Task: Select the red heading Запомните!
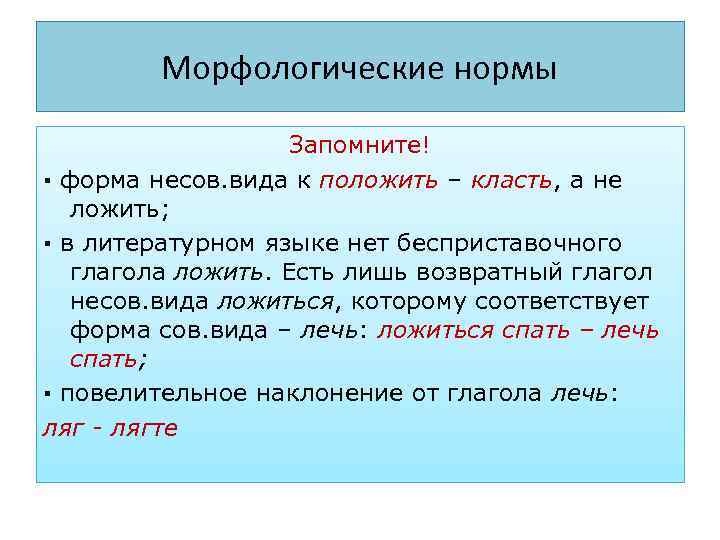coord(359,146)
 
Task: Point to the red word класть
coord(512,181)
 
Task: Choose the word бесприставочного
coord(510,243)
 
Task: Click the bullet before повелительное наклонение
coord(47,394)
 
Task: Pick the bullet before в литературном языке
coord(47,244)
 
